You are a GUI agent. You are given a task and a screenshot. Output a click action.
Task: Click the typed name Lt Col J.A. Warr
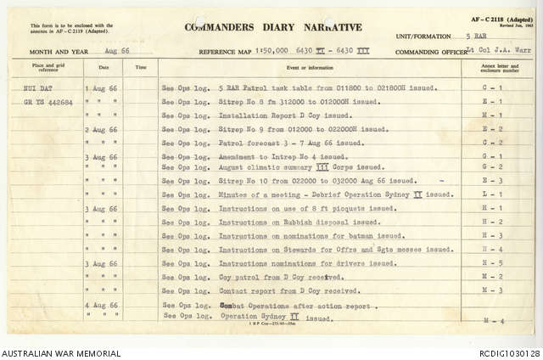click(x=496, y=52)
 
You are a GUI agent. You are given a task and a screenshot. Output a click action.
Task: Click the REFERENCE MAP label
click(x=227, y=52)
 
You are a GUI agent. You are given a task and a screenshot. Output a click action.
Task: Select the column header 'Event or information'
click(x=309, y=66)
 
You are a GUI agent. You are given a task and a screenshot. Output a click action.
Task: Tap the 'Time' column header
click(x=141, y=66)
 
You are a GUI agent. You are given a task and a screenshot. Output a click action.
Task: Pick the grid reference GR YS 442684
click(x=49, y=101)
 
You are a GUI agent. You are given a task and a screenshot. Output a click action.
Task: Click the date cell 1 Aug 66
click(x=101, y=87)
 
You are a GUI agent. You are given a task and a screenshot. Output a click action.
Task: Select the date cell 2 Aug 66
click(x=101, y=129)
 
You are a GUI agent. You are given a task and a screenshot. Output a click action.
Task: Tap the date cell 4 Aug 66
click(x=101, y=305)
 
